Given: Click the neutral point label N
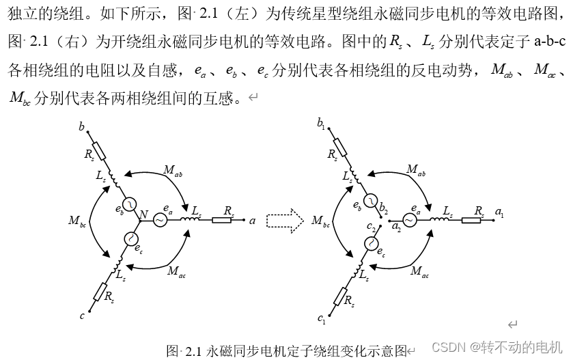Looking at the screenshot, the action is [143, 215].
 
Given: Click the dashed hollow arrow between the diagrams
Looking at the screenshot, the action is [285, 220].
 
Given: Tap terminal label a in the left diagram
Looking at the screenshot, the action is [252, 221].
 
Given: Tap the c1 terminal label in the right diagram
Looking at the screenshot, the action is [322, 318].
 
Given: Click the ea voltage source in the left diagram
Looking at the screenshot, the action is [160, 220].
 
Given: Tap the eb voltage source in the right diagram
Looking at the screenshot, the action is [369, 200].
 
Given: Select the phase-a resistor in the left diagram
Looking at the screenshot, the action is [222, 220].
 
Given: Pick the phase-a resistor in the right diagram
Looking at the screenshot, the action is [471, 220].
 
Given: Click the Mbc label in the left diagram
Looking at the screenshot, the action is [78, 221].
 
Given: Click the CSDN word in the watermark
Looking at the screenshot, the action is [448, 346].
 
